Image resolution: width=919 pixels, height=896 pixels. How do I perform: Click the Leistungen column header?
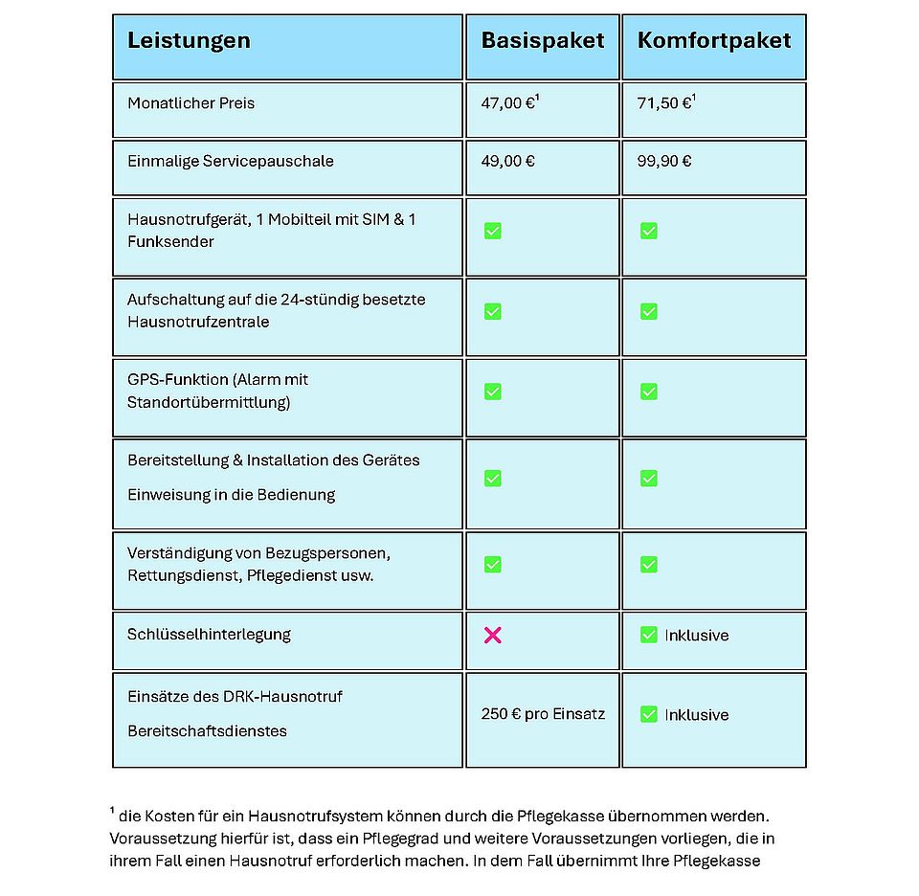click(189, 41)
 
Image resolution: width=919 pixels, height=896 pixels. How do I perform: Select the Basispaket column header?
click(543, 41)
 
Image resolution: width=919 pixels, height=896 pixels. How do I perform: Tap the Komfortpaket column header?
click(714, 41)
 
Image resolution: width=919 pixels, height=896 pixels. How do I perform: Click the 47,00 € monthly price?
click(508, 103)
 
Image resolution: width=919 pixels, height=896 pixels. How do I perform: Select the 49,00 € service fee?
click(508, 161)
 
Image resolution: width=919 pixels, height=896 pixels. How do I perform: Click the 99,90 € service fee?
click(664, 161)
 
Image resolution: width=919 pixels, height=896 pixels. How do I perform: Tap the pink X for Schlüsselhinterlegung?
click(493, 635)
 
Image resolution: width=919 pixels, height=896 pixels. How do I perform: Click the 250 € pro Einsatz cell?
click(543, 714)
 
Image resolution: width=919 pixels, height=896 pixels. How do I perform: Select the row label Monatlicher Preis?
click(191, 103)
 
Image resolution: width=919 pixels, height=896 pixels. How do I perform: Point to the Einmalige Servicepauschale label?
click(231, 161)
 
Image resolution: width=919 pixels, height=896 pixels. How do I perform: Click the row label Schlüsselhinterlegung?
click(209, 635)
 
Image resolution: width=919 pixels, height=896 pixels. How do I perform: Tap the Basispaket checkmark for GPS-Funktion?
click(493, 392)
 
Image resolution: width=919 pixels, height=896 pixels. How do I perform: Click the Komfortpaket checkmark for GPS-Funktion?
click(649, 392)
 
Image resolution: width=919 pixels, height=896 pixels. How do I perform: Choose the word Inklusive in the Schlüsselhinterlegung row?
click(697, 636)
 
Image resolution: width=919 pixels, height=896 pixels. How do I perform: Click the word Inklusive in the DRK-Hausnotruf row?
click(697, 715)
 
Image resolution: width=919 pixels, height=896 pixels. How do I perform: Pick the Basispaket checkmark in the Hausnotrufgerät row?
click(493, 231)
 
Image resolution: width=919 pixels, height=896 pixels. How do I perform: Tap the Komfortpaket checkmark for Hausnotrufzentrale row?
click(649, 311)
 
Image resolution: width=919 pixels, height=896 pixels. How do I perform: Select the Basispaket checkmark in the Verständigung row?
click(493, 565)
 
